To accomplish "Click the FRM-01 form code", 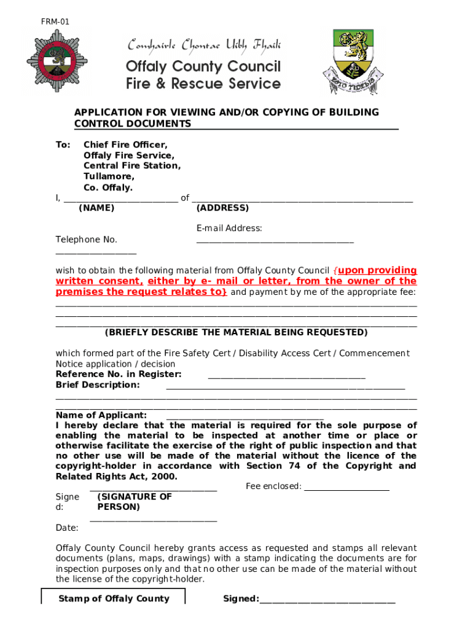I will pos(55,22).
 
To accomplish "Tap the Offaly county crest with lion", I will pos(353,61).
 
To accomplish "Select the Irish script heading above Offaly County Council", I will pos(204,45).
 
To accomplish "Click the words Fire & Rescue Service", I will pos(203,84).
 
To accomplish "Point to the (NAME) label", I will pos(96,208).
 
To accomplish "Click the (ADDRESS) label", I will pos(222,208).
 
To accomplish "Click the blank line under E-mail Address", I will pos(275,240).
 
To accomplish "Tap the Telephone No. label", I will pos(86,240).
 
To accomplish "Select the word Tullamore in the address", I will pos(109,177).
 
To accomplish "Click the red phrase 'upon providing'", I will pos(377,270).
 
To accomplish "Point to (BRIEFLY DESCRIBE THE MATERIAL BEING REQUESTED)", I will pos(236,332).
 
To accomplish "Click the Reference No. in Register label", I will pos(119,374).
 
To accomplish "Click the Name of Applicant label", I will pos(101,415).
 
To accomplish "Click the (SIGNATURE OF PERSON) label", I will pos(134,502).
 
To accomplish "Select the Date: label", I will pos(67,528).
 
